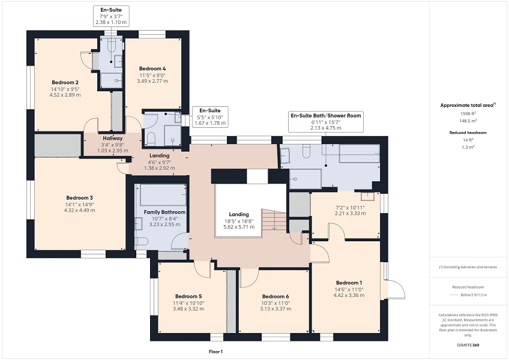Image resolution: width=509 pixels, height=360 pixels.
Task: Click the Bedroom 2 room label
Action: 65,82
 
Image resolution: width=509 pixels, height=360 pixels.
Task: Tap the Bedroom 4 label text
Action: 152,68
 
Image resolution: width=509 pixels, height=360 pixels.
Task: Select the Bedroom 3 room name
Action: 80,197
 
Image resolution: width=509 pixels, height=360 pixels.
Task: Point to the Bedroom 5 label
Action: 188,296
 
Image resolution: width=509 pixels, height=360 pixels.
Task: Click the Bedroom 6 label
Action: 276,296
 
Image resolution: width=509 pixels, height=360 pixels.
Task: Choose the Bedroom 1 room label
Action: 349,283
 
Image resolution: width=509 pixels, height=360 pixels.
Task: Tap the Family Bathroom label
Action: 164,212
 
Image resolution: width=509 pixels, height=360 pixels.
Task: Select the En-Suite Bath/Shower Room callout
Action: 326,115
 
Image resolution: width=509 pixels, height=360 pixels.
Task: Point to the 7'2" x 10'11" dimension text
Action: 349,207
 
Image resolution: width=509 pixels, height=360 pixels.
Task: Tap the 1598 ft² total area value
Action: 468,113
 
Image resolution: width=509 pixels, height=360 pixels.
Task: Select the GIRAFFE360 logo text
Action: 468,345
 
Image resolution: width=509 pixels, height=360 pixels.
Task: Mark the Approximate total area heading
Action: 468,104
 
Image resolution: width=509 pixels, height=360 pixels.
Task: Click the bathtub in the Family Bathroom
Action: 163,196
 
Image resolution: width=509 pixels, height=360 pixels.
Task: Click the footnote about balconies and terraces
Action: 468,267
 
